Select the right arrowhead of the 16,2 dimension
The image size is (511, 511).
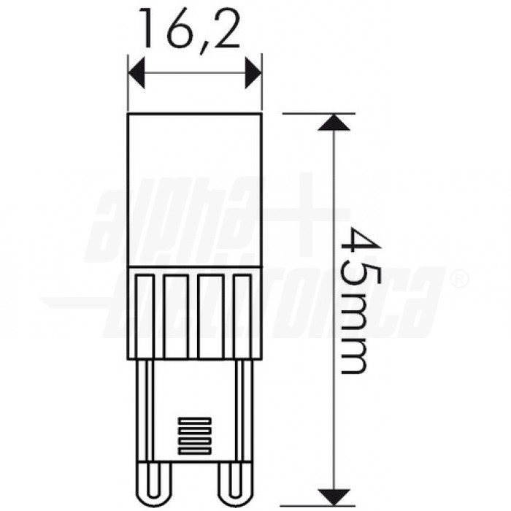pyautogui.click(x=253, y=72)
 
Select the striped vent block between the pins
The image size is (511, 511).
pyautogui.click(x=194, y=437)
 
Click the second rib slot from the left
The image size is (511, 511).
pyautogui.click(x=176, y=315)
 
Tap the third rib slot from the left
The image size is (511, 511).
pyautogui.click(x=211, y=315)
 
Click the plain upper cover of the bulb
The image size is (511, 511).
pyautogui.click(x=194, y=190)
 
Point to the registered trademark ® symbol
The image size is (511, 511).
pyautogui.click(x=458, y=279)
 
